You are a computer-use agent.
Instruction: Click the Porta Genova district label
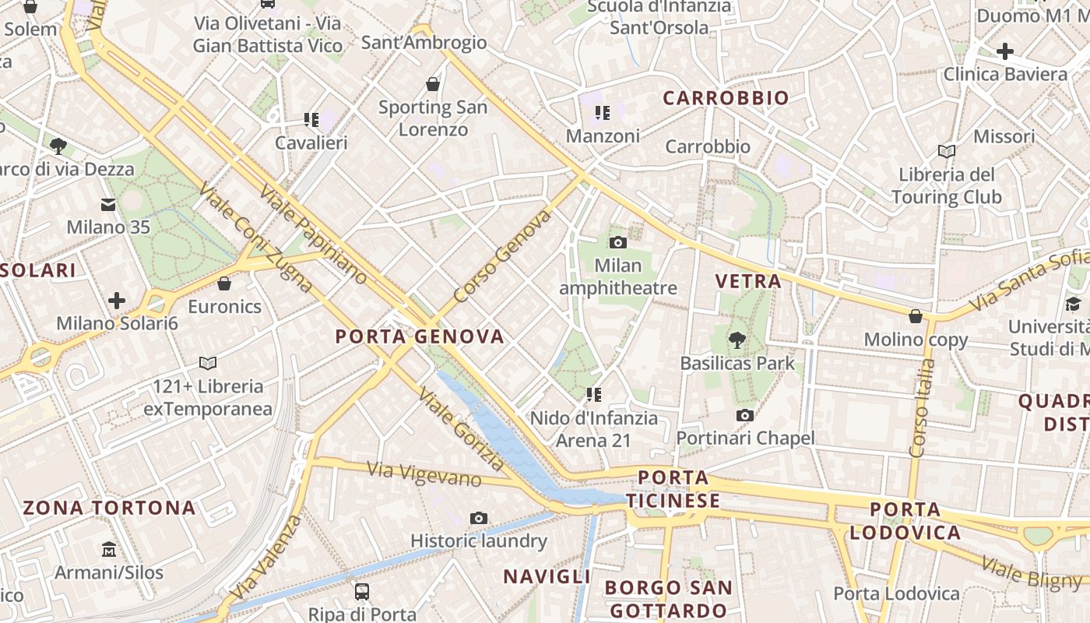click(x=420, y=336)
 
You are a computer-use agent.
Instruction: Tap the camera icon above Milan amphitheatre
click(x=618, y=242)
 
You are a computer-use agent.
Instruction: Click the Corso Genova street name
click(x=502, y=255)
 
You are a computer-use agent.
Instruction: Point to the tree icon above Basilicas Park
click(x=737, y=340)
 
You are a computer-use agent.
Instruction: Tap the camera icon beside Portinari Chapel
click(x=745, y=415)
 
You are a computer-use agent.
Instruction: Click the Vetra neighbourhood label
click(x=748, y=281)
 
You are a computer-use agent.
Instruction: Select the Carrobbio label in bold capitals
click(x=726, y=98)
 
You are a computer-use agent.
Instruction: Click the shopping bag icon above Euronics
click(x=224, y=283)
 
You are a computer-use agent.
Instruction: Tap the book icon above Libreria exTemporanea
click(x=208, y=363)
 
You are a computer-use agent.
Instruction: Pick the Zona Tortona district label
click(x=109, y=508)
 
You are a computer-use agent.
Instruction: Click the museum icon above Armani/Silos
click(x=109, y=550)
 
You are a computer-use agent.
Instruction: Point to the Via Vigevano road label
click(x=424, y=473)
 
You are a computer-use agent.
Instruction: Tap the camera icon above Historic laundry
click(x=479, y=518)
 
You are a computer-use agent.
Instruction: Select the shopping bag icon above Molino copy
click(x=916, y=316)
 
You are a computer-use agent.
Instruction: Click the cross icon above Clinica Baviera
click(x=1005, y=51)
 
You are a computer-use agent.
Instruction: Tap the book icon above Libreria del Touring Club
click(x=947, y=151)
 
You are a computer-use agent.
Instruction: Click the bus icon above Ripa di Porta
click(x=362, y=591)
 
